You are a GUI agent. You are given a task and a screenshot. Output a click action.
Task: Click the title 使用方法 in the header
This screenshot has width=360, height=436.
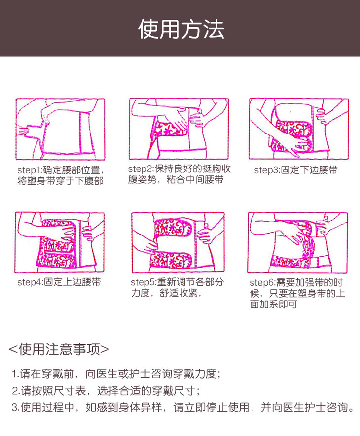[181, 29]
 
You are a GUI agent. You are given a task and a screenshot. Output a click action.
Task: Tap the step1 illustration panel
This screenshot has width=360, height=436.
[60, 129]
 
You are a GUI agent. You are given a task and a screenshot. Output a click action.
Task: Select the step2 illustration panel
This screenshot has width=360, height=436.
[179, 129]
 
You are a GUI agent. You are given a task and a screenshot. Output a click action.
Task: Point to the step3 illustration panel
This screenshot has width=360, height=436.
[298, 129]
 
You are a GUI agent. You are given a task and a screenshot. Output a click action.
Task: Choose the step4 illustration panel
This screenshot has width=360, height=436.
[60, 242]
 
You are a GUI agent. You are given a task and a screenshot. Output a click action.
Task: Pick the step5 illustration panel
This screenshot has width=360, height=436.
[178, 242]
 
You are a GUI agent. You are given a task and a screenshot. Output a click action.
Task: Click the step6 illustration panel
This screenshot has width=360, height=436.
[298, 242]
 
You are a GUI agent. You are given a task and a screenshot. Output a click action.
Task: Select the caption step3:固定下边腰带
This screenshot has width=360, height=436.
[296, 170]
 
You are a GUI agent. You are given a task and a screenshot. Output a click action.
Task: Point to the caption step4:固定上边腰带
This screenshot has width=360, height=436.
[59, 282]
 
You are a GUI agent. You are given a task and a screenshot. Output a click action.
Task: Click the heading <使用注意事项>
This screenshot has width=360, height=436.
[59, 349]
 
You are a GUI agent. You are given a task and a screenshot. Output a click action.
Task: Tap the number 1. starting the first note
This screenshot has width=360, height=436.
[16, 374]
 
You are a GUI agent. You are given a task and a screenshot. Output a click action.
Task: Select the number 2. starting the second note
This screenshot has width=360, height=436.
[16, 391]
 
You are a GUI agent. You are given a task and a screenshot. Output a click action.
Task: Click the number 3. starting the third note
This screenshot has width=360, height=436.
[16, 407]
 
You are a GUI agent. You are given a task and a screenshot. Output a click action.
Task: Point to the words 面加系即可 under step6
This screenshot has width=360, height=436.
[273, 304]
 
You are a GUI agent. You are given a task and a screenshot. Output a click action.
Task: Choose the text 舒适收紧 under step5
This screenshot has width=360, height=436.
[179, 293]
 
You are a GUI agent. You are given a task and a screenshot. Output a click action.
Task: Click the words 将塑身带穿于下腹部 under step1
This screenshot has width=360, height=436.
[61, 181]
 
